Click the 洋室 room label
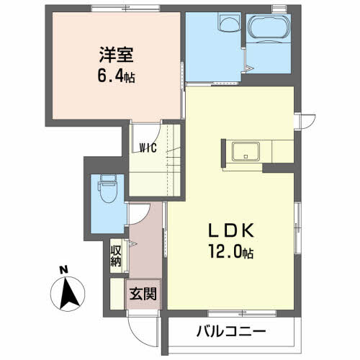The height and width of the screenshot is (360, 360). point(117,55)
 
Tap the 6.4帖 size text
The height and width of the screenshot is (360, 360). point(116,76)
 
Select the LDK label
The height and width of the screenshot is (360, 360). point(231,230)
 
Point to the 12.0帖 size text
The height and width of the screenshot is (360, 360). point(231,251)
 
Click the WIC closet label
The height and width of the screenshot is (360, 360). point(148,148)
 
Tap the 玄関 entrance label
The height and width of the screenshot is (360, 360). point(143,294)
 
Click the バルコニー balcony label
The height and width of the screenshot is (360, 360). point(231,331)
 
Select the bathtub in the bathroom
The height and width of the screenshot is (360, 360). point(269,27)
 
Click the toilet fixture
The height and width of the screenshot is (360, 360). point(108,189)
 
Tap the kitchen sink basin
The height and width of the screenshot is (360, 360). point(246,151)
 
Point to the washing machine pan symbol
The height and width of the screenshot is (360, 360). point(229,22)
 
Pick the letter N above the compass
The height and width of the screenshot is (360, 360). point(64,270)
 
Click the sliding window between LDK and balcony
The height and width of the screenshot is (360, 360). point(242,313)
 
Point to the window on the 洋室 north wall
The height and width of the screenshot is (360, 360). point(126,9)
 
